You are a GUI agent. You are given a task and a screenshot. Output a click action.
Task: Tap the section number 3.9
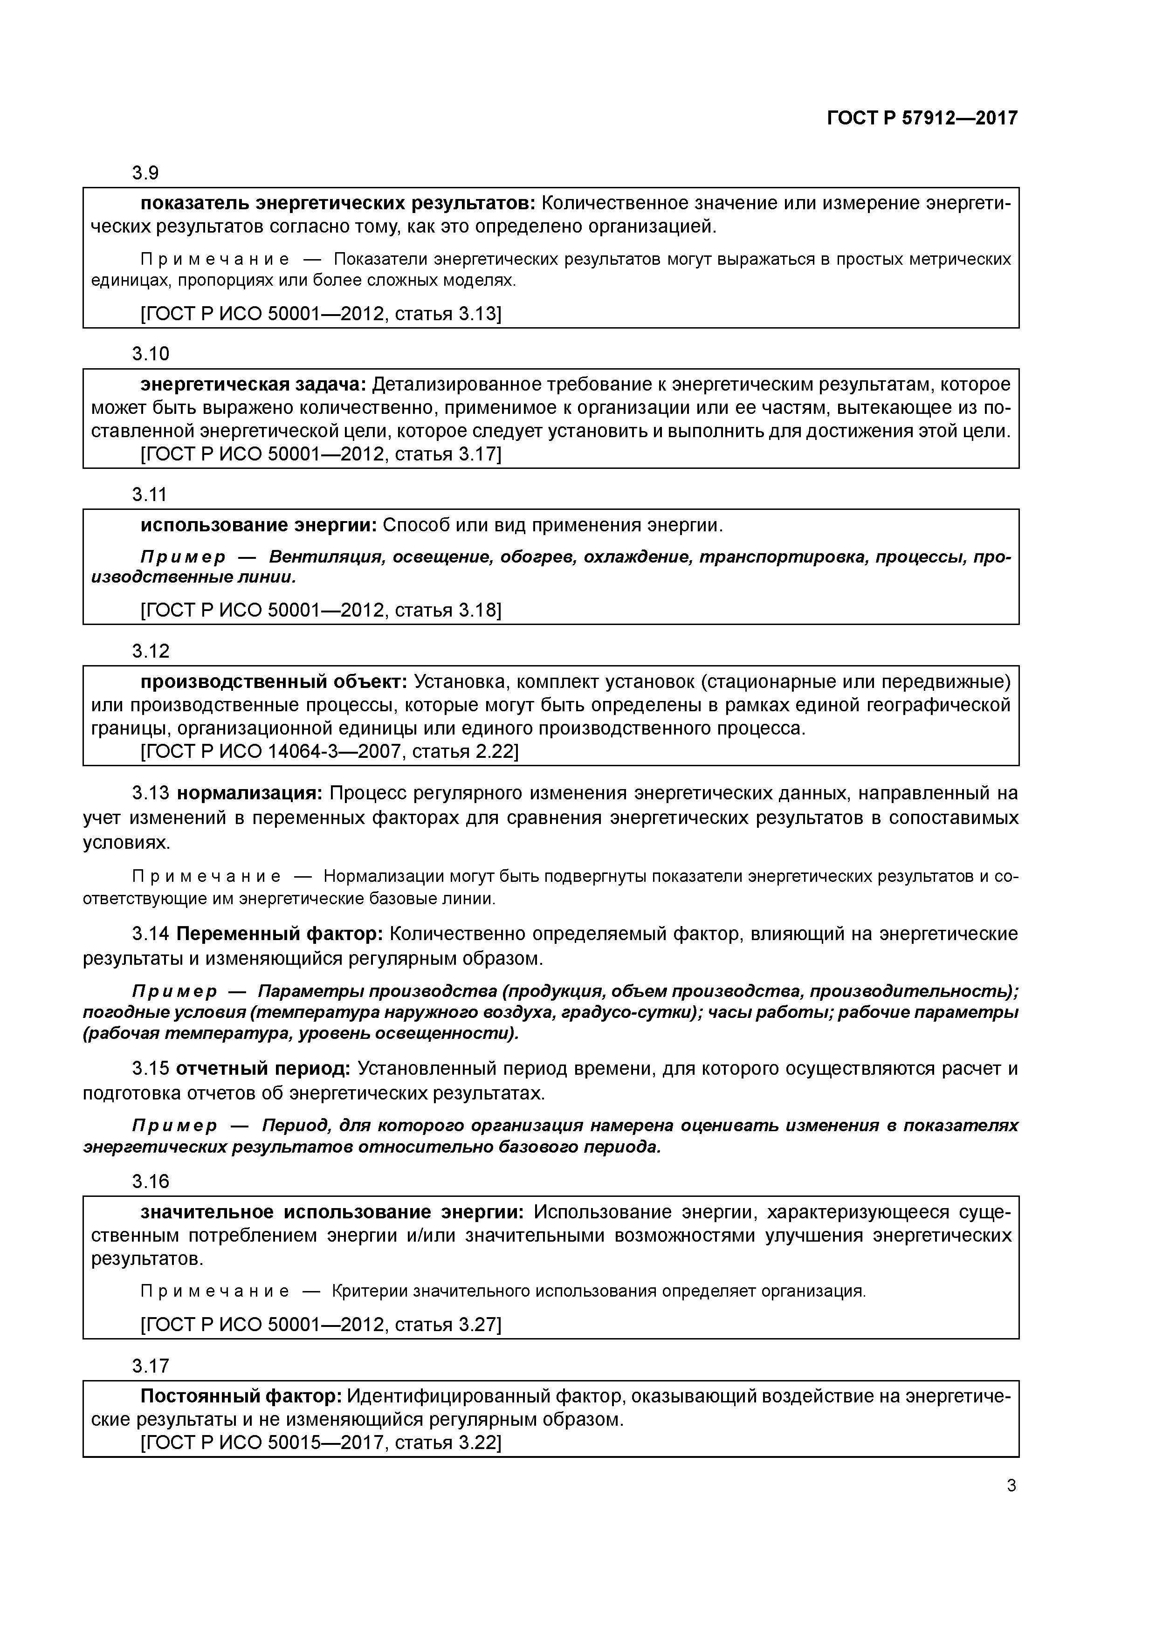145,173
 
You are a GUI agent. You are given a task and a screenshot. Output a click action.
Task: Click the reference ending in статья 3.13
321,314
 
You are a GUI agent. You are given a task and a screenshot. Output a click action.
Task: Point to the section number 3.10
150,354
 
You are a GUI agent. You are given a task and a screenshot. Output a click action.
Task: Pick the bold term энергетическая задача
253,385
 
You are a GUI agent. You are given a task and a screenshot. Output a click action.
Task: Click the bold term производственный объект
274,681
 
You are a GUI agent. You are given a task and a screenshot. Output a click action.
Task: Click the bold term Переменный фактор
279,934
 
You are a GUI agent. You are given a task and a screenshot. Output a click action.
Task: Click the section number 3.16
150,1182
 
